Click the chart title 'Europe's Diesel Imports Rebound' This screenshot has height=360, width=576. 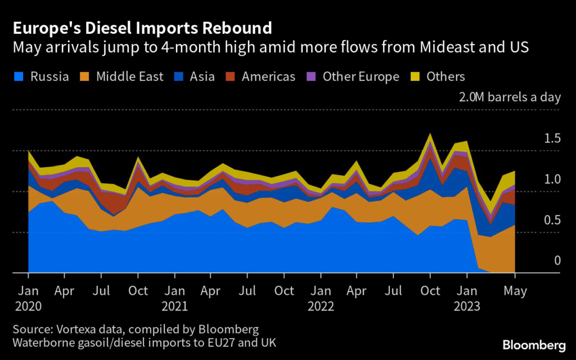[x=143, y=28]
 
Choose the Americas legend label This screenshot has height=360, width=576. [x=268, y=76]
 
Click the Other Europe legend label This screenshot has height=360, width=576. [x=361, y=76]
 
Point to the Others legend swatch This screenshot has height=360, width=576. [x=416, y=76]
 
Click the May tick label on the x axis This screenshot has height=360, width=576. [x=515, y=291]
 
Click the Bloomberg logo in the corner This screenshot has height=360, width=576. [x=533, y=344]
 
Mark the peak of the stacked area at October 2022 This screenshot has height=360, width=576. [x=430, y=134]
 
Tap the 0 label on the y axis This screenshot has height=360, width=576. [x=557, y=260]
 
